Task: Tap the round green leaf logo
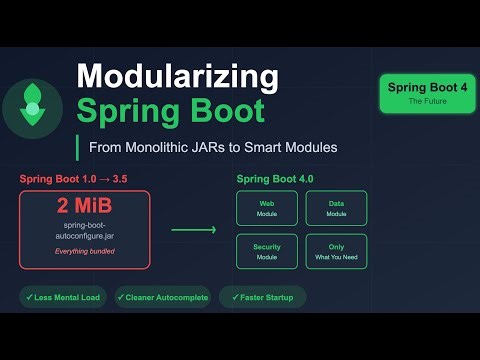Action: [x=33, y=104]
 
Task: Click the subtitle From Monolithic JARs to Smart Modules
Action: [x=212, y=147]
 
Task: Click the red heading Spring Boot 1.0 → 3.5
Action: [x=72, y=179]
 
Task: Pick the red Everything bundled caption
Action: [x=84, y=252]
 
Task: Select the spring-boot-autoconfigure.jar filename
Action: [x=84, y=233]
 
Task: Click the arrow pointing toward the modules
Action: [x=193, y=230]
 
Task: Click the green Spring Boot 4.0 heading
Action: [x=275, y=179]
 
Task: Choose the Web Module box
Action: [x=267, y=208]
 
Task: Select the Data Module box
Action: [x=336, y=208]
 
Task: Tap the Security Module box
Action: [x=267, y=250]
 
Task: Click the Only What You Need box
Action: [x=336, y=250]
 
